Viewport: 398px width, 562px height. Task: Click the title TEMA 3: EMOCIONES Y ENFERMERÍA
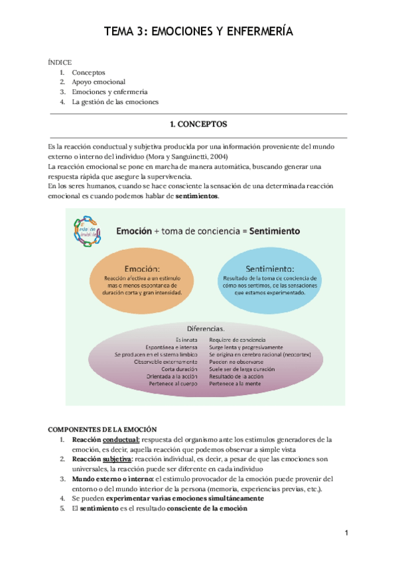pos(198,31)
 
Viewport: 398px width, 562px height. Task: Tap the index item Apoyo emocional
pos(98,82)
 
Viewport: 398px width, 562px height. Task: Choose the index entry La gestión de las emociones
pos(115,102)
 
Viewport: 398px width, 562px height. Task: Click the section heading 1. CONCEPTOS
pos(198,124)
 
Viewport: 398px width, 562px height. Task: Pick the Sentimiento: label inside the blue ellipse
pos(269,270)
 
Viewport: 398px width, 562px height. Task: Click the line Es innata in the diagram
pos(186,339)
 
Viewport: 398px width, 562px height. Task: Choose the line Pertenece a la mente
pos(236,384)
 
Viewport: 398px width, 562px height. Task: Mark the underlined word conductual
pos(121,439)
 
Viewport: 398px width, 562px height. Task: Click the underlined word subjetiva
pos(117,459)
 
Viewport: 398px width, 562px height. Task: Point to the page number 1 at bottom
pos(346,533)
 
